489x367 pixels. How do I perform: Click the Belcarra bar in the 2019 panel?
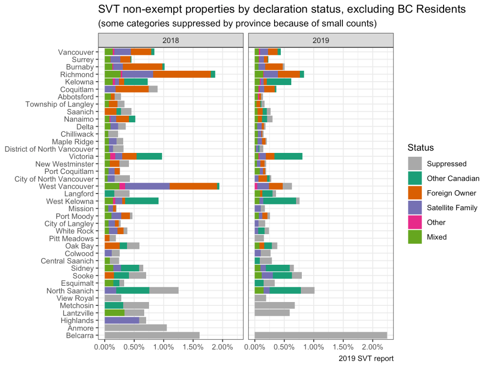[x=320, y=335]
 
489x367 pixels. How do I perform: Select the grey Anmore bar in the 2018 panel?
[x=136, y=328]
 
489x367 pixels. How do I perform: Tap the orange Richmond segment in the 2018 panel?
[x=182, y=75]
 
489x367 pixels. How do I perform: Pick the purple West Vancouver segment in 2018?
[x=147, y=186]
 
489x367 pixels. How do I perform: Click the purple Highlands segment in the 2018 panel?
[x=122, y=320]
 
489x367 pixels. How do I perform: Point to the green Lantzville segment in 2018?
[x=115, y=313]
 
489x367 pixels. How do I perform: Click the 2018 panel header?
[x=171, y=40]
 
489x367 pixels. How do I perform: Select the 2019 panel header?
[x=321, y=40]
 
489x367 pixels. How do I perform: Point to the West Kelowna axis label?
[x=70, y=201]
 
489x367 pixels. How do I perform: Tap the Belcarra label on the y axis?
[x=80, y=335]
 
